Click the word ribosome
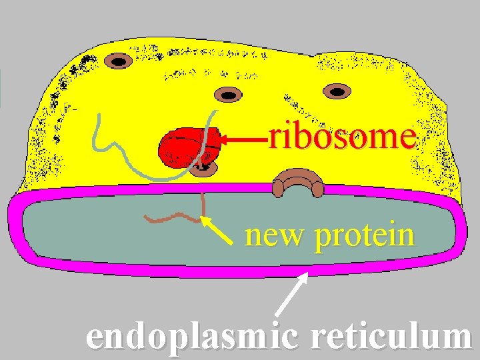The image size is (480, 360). point(342,137)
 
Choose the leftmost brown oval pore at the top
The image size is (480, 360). point(119,62)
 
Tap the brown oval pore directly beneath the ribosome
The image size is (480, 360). point(201,169)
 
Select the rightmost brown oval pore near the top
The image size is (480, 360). point(338,91)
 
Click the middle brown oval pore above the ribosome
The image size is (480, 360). point(228,94)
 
